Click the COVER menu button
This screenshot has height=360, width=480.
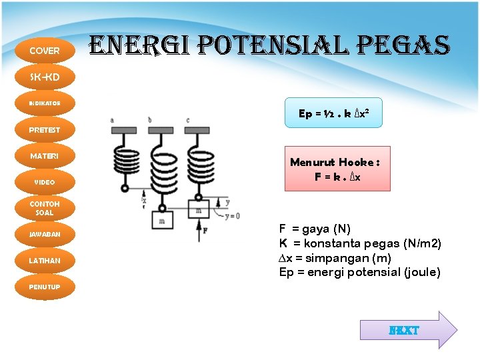[45, 51]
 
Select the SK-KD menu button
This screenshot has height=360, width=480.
[45, 77]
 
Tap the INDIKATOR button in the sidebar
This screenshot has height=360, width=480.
[45, 103]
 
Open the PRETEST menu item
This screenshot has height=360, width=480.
[45, 130]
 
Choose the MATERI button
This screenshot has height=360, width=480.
[45, 156]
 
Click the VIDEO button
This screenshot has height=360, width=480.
[45, 182]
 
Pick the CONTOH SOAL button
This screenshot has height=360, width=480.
[45, 208]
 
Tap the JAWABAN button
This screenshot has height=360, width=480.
[45, 235]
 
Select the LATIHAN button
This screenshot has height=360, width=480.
[45, 261]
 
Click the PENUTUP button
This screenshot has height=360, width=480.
[45, 287]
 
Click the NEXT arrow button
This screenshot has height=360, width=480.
[407, 330]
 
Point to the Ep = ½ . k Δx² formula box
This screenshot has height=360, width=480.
[333, 114]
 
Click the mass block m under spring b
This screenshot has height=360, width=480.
[162, 219]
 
